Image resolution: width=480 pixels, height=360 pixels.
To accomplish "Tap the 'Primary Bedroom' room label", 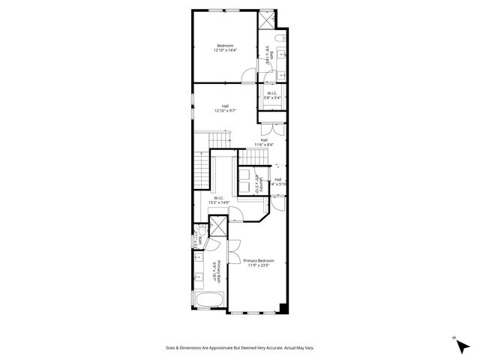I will (x=256, y=262).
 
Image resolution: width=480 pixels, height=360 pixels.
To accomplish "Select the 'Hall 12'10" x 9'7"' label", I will (x=225, y=109).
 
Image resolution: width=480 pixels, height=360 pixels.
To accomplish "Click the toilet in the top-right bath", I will (x=278, y=37).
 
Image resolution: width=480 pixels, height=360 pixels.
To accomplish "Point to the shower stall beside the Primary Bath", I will (x=217, y=226).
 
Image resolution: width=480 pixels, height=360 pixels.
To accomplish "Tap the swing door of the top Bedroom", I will (x=248, y=73).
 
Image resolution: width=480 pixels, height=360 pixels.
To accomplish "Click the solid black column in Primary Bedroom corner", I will (x=283, y=307).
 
